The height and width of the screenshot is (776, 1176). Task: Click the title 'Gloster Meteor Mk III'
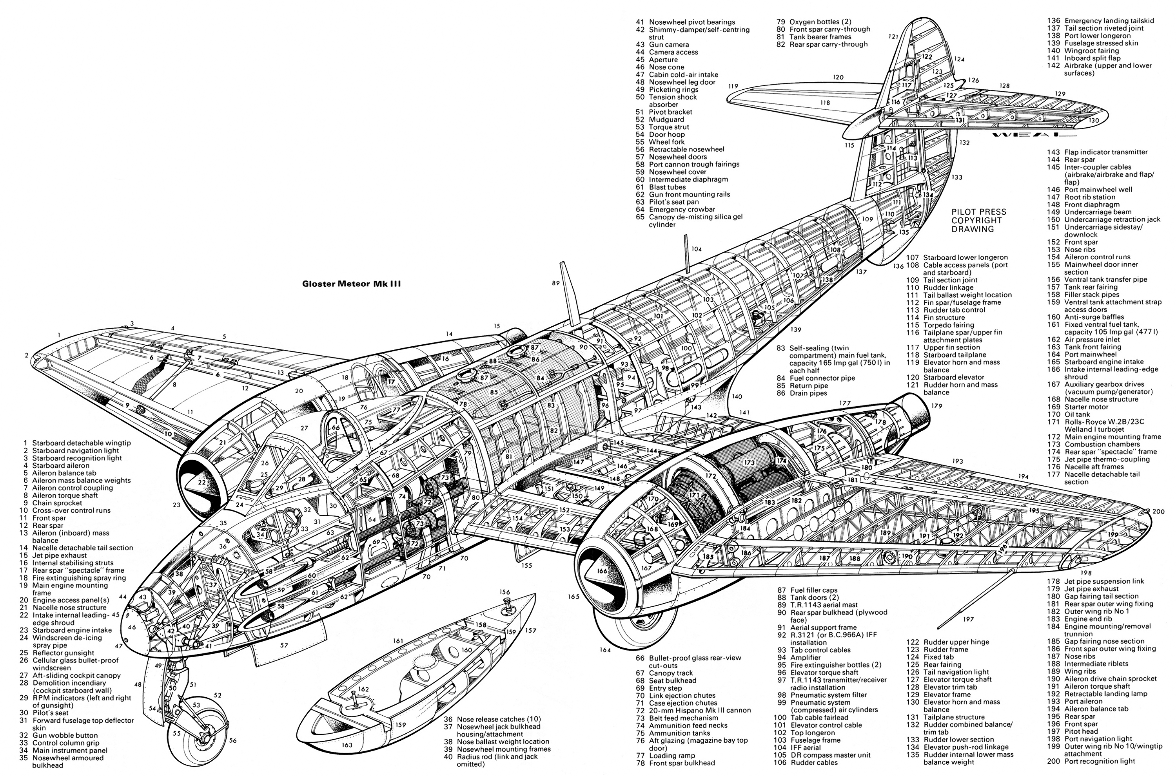pyautogui.click(x=352, y=284)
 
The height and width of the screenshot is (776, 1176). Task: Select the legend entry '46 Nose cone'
pyautogui.click(x=660, y=67)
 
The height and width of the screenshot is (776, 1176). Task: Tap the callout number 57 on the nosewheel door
pyautogui.click(x=284, y=645)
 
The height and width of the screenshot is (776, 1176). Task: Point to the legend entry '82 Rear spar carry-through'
pyautogui.click(x=822, y=44)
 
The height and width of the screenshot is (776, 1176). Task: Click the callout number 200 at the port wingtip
pyautogui.click(x=1159, y=511)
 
